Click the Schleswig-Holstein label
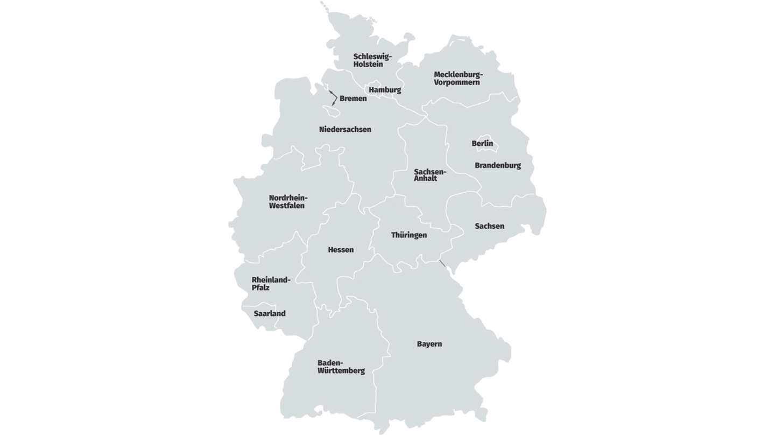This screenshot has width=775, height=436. (372, 60)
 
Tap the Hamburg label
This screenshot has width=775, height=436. (385, 90)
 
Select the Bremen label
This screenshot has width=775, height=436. (353, 99)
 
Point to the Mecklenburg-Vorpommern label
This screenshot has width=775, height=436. (459, 79)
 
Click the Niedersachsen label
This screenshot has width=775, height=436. (345, 130)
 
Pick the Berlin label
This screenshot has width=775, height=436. (482, 144)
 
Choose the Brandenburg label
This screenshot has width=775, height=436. (497, 166)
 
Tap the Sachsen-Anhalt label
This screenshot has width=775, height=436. (429, 175)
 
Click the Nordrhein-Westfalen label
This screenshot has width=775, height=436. (288, 202)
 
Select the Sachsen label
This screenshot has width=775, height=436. (489, 226)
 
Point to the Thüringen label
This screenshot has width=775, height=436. (409, 235)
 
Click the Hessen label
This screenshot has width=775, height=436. (341, 250)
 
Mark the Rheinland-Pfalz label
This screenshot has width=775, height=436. (271, 284)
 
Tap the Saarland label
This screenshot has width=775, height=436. (270, 313)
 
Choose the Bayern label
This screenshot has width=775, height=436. (429, 344)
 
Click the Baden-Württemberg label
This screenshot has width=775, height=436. (341, 367)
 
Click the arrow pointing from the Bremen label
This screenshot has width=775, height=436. (334, 97)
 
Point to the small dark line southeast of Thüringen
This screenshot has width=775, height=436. (442, 263)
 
